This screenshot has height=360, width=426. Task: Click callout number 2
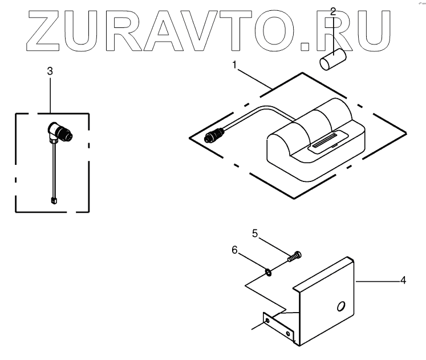[333, 11]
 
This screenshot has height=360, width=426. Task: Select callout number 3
[50, 71]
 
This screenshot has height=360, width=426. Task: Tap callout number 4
[403, 281]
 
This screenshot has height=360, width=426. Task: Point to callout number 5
[255, 233]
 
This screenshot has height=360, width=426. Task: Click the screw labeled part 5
[295, 257]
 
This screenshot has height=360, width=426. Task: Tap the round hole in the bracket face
[340, 306]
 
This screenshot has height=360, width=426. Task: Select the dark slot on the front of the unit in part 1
[323, 145]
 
